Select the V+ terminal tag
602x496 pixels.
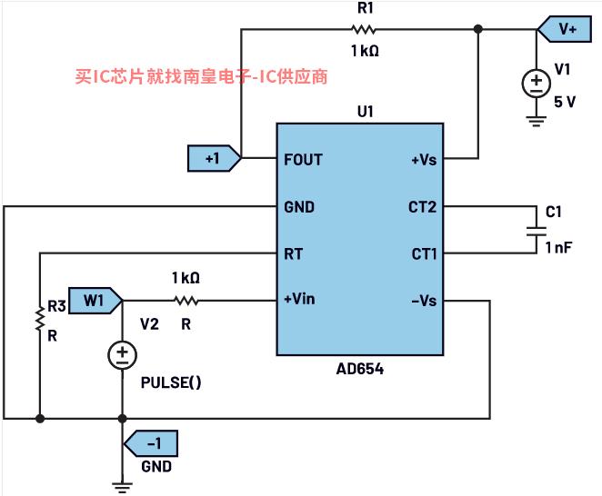coord(565,29)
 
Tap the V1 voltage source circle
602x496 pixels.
coord(535,84)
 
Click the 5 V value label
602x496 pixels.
coord(565,101)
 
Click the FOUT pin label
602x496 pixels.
coord(303,160)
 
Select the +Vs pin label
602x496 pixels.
coord(425,160)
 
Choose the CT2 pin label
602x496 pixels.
coord(423,207)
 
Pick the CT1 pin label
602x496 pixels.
coord(423,253)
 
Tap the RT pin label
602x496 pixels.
coord(293,253)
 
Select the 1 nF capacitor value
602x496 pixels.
coord(558,247)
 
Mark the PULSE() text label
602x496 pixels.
coord(171,382)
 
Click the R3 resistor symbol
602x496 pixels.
coord(39,318)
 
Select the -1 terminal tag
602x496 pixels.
coord(154,444)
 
